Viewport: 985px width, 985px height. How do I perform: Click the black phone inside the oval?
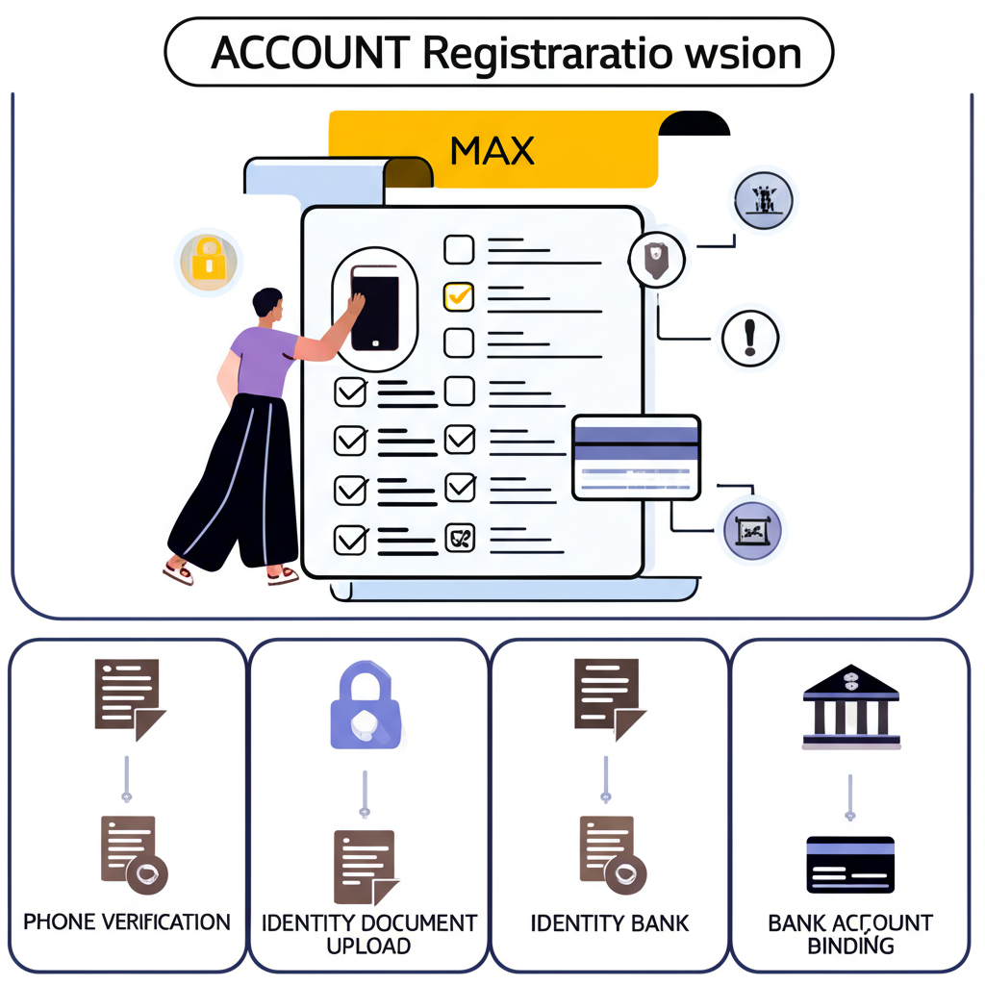coord(374,307)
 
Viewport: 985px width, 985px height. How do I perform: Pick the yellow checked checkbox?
coord(459,296)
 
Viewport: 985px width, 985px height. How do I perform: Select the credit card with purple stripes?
coord(636,457)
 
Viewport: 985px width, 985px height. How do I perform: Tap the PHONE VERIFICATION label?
coord(127,922)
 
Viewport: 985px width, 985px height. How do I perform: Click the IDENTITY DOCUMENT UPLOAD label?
coord(369,933)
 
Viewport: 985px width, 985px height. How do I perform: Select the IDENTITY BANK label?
coord(610,923)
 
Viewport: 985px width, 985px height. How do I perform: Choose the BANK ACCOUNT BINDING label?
coord(850,933)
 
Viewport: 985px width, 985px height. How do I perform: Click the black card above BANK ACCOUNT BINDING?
coord(850,864)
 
